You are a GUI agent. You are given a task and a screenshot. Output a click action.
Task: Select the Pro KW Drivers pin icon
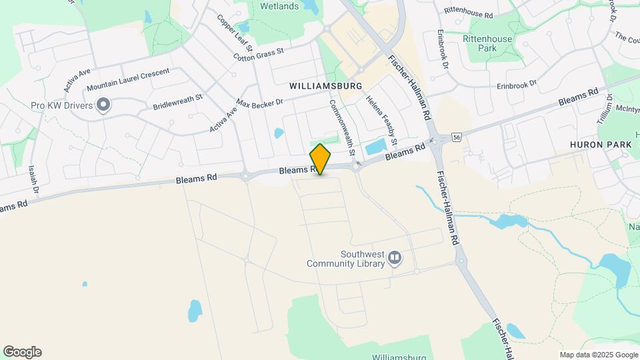(103, 105)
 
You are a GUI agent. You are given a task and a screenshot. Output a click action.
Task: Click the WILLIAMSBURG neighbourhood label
(325, 86)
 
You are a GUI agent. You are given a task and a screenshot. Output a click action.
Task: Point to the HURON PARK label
(595, 144)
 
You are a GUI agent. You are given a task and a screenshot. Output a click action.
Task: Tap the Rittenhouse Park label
(488, 43)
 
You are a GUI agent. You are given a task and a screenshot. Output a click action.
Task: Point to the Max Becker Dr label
(260, 103)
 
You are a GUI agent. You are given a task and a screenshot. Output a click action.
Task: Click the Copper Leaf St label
(234, 31)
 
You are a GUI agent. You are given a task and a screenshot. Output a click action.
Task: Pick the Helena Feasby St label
(381, 120)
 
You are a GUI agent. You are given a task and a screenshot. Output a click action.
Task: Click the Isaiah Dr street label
(33, 180)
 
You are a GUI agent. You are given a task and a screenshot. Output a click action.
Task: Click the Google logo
(22, 352)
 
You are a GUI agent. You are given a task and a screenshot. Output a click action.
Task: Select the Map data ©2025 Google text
(599, 355)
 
